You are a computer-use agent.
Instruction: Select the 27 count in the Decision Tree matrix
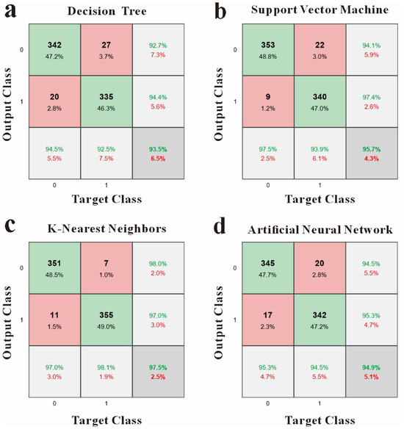[x=106, y=45]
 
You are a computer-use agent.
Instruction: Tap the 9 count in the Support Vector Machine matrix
[x=268, y=96]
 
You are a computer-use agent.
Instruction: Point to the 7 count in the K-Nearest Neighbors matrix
[x=106, y=263]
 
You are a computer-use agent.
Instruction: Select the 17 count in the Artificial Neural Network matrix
[x=267, y=315]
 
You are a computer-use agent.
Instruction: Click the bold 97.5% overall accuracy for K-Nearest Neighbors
[x=158, y=367]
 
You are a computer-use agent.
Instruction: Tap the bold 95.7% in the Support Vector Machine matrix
[x=372, y=149]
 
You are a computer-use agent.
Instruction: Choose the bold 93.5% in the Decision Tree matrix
[x=158, y=149]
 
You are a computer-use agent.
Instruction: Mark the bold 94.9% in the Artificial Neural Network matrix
[x=371, y=367]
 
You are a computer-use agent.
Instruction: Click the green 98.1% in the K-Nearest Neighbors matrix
[x=106, y=367]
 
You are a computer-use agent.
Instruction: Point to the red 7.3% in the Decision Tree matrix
[x=158, y=54]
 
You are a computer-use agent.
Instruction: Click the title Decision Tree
[x=107, y=11]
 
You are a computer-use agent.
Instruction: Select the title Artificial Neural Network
[x=320, y=229]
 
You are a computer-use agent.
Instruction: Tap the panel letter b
[x=220, y=12]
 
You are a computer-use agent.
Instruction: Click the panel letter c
[x=10, y=226]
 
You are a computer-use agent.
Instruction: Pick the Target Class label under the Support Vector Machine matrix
[x=320, y=199]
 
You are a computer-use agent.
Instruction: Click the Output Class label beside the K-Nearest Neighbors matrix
[x=7, y=322]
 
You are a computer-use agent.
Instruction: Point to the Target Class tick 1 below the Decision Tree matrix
[x=106, y=185]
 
